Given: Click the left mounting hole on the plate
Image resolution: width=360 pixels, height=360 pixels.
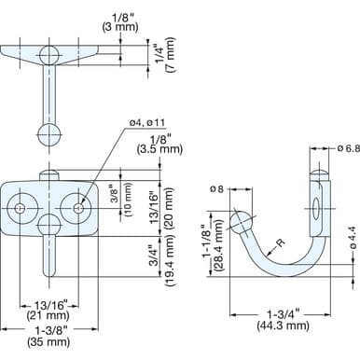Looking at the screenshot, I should click(21, 207).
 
